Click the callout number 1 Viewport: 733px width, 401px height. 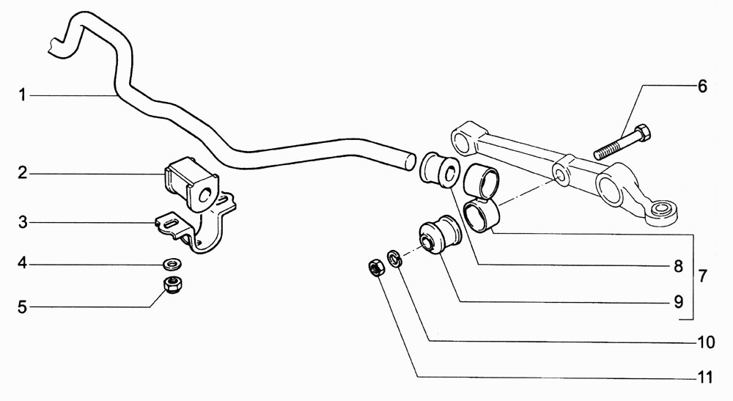click(22, 95)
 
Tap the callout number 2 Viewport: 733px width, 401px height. click(23, 174)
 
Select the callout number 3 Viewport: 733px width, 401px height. click(23, 222)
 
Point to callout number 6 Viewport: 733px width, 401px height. click(702, 87)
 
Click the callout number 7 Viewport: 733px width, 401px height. click(702, 276)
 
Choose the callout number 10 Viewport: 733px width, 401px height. click(705, 342)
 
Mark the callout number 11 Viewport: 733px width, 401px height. click(704, 377)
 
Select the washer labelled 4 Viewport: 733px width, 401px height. click(172, 265)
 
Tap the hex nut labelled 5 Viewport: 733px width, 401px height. click(172, 284)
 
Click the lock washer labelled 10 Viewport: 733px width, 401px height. click(394, 259)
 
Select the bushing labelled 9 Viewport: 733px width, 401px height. click(438, 235)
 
